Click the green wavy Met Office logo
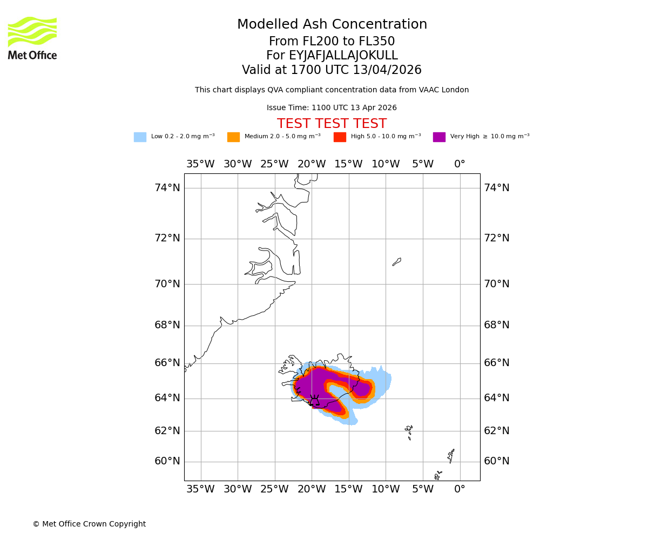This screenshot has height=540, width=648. (x=32, y=31)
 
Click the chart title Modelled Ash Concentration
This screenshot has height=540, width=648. (x=332, y=25)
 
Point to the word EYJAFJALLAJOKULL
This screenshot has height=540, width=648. (x=343, y=56)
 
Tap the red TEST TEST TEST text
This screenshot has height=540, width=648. (x=332, y=124)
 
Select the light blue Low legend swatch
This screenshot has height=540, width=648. (x=140, y=137)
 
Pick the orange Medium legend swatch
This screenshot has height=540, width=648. (x=233, y=137)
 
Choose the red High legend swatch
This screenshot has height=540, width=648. (x=340, y=137)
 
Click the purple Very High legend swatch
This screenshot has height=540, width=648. (x=439, y=137)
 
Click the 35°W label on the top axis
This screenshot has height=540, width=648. (x=200, y=164)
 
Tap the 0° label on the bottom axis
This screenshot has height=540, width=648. (x=460, y=489)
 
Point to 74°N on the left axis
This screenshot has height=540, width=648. (x=167, y=188)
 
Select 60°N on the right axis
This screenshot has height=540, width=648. (x=496, y=461)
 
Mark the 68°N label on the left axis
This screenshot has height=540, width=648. (x=167, y=325)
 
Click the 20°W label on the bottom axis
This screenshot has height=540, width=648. (x=312, y=489)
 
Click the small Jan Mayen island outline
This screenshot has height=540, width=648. (x=397, y=262)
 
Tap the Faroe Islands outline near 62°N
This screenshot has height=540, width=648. (x=409, y=431)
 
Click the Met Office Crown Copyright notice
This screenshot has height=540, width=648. (x=89, y=524)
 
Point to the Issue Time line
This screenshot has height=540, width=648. (x=332, y=108)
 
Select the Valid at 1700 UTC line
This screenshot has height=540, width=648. (x=332, y=70)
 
